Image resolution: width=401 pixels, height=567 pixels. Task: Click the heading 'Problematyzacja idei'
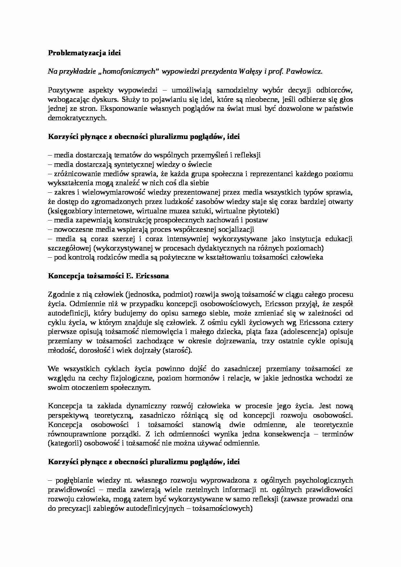(84, 53)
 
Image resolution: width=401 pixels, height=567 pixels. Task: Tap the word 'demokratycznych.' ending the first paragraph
(77, 118)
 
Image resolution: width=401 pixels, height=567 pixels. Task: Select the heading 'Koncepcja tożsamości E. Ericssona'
(108, 276)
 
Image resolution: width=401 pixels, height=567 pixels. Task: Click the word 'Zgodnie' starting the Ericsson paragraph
(60, 294)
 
